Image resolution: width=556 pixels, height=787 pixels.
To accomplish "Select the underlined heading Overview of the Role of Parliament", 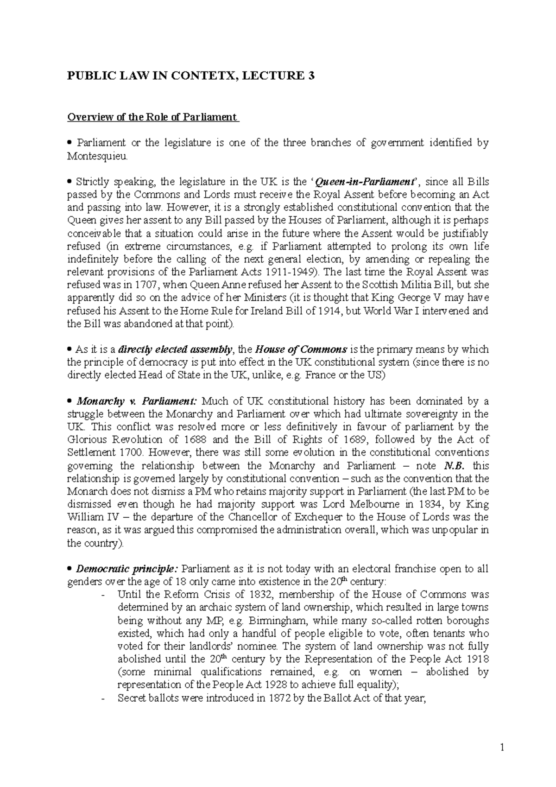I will coord(152,117).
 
